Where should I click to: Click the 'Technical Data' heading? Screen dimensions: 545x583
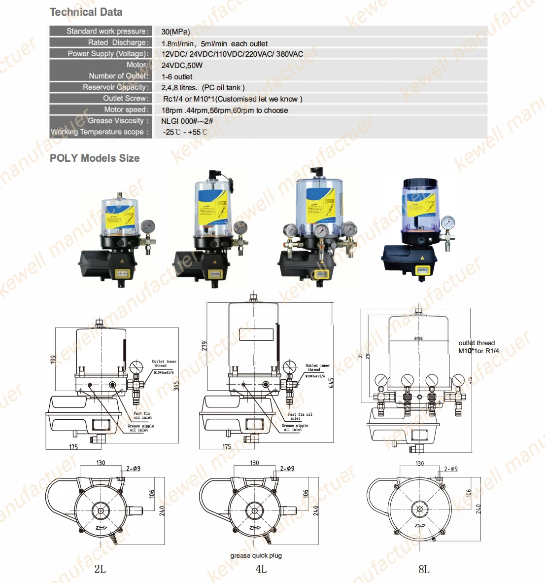click(x=86, y=12)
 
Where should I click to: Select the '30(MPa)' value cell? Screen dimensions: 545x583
click(x=175, y=32)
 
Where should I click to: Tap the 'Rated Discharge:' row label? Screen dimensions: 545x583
click(x=118, y=42)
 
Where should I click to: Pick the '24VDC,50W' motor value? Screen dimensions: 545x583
click(x=182, y=65)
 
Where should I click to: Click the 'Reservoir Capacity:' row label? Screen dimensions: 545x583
click(x=115, y=87)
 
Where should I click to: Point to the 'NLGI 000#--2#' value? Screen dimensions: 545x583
click(x=187, y=121)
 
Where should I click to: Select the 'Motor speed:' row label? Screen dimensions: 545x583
click(x=126, y=109)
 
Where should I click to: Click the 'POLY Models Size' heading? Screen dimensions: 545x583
click(x=95, y=158)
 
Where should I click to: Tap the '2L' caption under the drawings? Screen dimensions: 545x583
click(x=100, y=569)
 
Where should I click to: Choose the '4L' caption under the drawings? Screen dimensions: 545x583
click(x=261, y=569)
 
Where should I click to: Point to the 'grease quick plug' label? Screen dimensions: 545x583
click(x=256, y=555)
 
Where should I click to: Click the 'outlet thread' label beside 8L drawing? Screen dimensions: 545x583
click(x=477, y=343)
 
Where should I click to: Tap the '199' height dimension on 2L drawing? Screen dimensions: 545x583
click(x=53, y=360)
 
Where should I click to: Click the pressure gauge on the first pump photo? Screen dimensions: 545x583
click(x=147, y=227)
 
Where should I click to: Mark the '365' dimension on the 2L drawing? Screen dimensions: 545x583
click(x=176, y=386)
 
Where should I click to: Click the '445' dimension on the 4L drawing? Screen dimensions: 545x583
click(x=331, y=383)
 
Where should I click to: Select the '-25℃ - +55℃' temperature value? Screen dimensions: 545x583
click(x=185, y=132)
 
